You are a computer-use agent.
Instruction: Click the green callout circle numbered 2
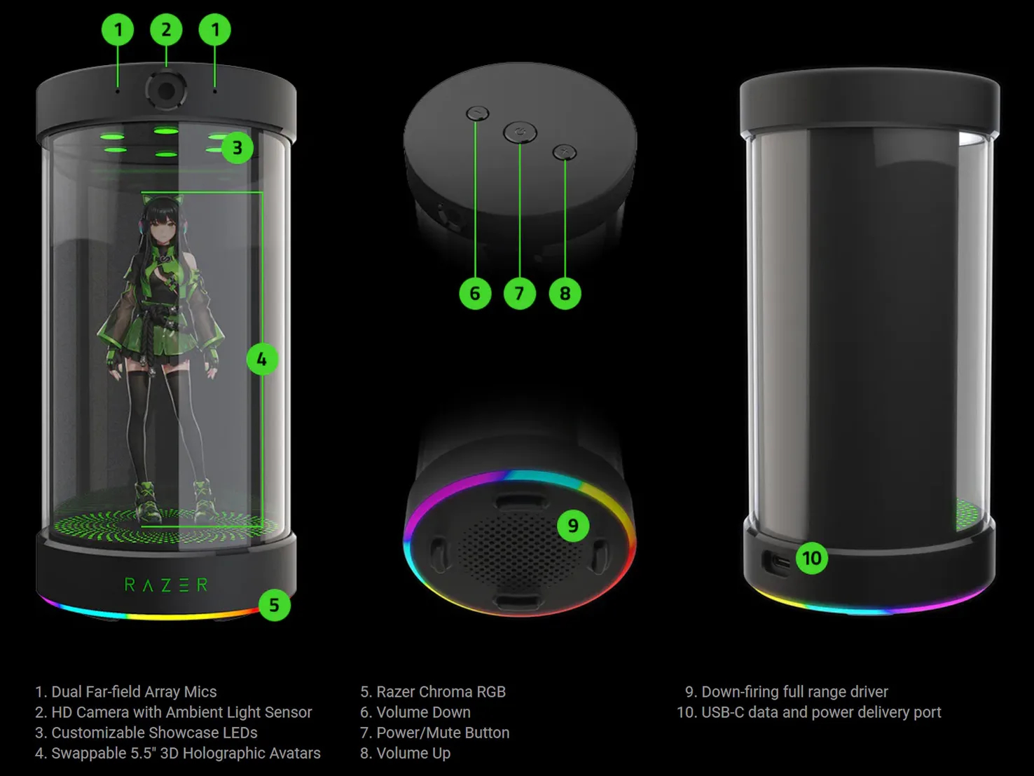pyautogui.click(x=166, y=29)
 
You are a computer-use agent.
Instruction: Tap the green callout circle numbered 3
pyautogui.click(x=237, y=148)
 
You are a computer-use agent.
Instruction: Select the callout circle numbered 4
pyautogui.click(x=262, y=360)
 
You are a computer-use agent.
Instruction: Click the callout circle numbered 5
pyautogui.click(x=274, y=606)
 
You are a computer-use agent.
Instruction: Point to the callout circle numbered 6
pyautogui.click(x=475, y=293)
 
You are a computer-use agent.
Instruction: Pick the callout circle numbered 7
pyautogui.click(x=519, y=293)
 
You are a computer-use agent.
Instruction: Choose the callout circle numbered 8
pyautogui.click(x=565, y=293)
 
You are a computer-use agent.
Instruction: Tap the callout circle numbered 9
pyautogui.click(x=573, y=525)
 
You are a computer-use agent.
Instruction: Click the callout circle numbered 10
pyautogui.click(x=812, y=558)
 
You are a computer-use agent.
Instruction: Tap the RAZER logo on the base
pyautogui.click(x=166, y=585)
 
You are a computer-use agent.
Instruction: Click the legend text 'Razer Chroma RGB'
pyautogui.click(x=441, y=692)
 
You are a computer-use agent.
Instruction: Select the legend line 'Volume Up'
pyautogui.click(x=413, y=753)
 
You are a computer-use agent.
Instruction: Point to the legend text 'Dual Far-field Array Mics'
pyautogui.click(x=134, y=692)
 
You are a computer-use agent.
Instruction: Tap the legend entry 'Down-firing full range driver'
pyautogui.click(x=794, y=692)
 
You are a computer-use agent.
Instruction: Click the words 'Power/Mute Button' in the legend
pyautogui.click(x=443, y=733)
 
